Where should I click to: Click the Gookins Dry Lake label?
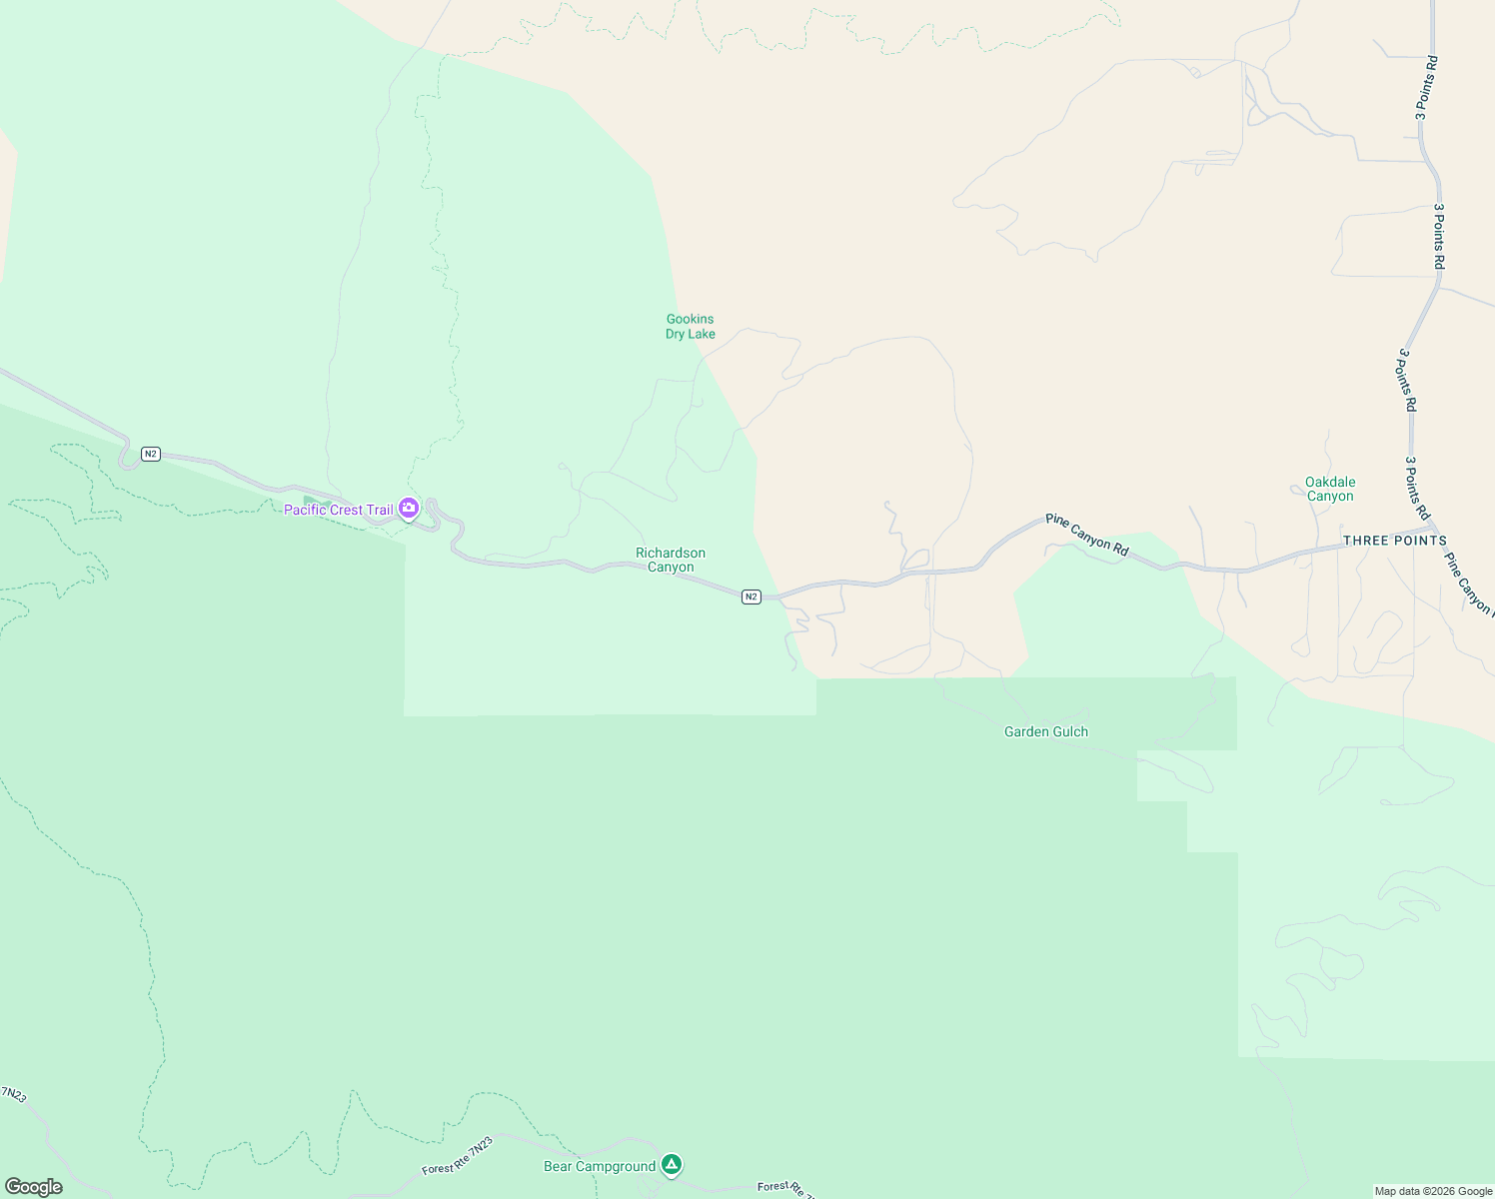(691, 327)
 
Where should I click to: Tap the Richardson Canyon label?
(671, 560)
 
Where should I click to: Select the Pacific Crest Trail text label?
(339, 510)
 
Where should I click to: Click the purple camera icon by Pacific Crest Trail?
(409, 509)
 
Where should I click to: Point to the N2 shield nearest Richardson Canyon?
(751, 597)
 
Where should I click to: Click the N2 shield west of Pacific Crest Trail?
(151, 454)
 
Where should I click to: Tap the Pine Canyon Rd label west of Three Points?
(1086, 534)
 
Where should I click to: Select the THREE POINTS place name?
(1394, 541)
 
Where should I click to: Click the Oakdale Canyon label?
(1330, 489)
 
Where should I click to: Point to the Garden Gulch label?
(1045, 731)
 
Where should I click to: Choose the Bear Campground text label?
(600, 1166)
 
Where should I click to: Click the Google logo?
(33, 1187)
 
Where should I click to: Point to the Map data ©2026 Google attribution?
(1433, 1191)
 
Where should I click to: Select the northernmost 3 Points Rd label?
(1426, 88)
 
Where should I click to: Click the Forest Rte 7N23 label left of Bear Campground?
(458, 1155)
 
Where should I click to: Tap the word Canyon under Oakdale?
(1330, 496)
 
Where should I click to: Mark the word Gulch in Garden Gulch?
(1068, 731)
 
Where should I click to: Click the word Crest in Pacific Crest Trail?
(347, 510)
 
